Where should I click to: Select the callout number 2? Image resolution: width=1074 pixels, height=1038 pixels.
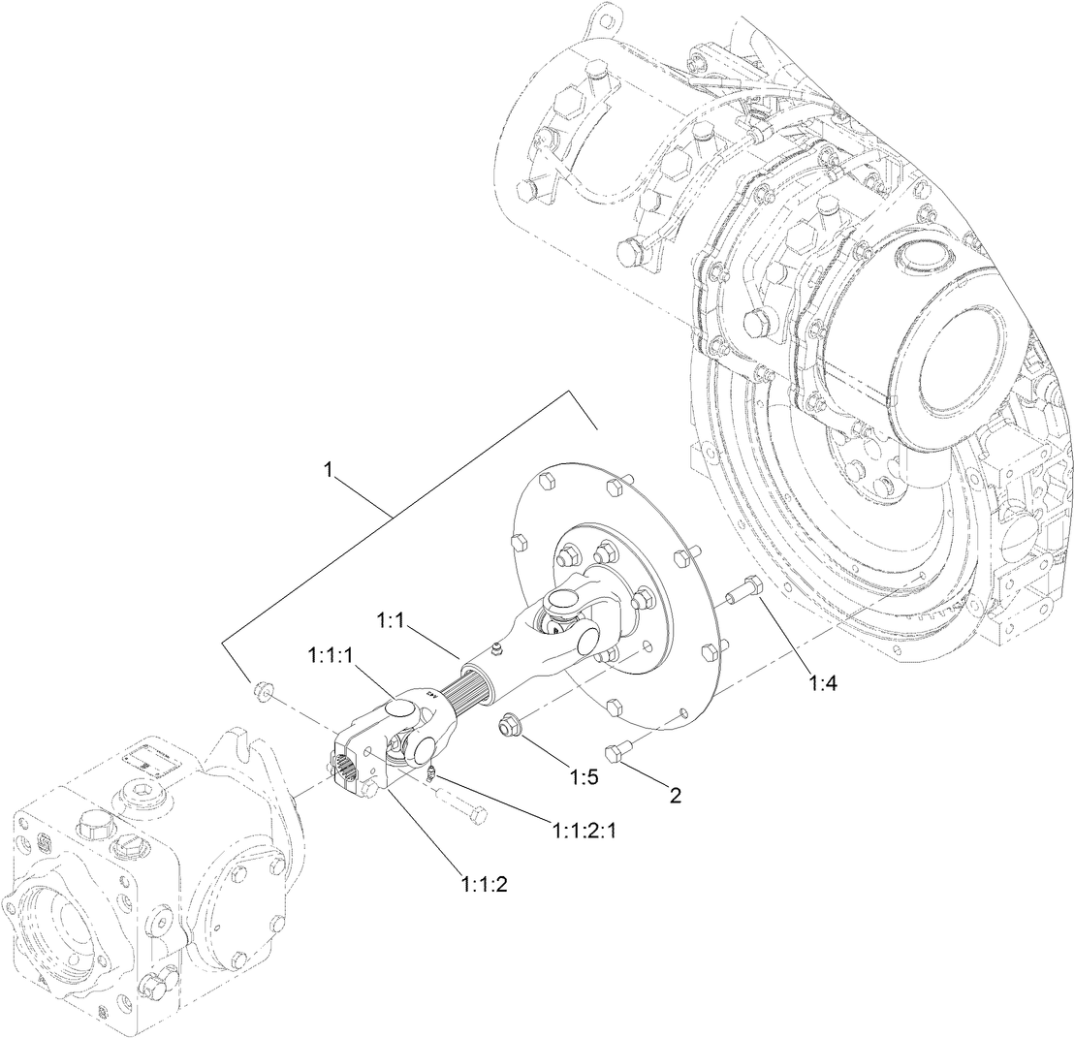(x=675, y=797)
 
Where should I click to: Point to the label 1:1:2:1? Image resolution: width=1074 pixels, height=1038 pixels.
(x=586, y=831)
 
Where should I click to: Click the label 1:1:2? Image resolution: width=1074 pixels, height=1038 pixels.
(x=485, y=883)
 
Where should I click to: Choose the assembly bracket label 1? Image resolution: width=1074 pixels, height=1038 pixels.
(x=330, y=469)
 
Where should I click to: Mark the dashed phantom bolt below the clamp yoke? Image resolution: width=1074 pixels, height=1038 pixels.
(x=461, y=804)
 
